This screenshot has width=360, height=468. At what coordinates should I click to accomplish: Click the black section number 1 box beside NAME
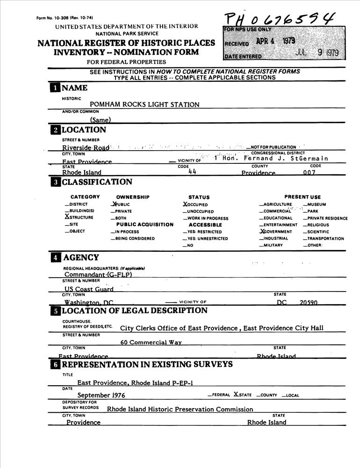click(55, 88)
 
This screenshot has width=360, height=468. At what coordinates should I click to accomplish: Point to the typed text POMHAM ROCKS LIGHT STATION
click(144, 104)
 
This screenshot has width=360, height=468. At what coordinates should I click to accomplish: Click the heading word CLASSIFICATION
click(97, 182)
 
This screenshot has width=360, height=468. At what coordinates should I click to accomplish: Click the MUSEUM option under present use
click(317, 205)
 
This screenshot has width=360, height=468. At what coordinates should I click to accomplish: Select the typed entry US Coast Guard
click(89, 289)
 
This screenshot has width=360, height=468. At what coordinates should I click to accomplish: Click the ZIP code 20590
click(309, 303)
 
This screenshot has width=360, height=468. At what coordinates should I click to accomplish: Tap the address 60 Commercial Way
click(151, 342)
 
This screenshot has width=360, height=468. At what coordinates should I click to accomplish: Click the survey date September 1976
click(101, 395)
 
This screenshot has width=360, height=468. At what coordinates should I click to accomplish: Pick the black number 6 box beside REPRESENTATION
click(55, 365)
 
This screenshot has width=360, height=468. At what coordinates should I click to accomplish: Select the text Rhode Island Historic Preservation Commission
click(180, 409)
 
